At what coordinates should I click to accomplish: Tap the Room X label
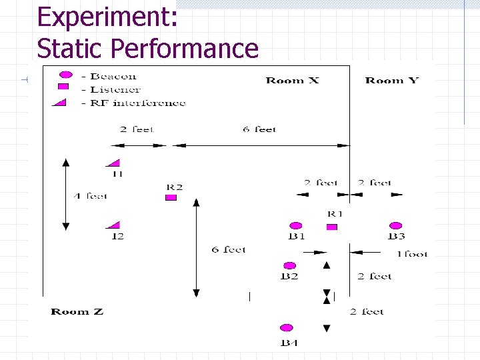click(292, 81)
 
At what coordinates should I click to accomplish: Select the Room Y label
click(392, 81)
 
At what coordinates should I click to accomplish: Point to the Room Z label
click(77, 311)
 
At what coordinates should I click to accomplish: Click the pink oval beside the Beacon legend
click(64, 75)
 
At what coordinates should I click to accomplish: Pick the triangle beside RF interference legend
click(61, 101)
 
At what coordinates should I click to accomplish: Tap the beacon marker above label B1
click(296, 226)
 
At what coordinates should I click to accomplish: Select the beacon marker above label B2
click(289, 266)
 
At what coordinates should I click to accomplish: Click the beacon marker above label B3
click(396, 226)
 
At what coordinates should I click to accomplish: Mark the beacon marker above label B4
click(287, 328)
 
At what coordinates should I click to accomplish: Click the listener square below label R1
click(332, 227)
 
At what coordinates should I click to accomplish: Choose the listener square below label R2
click(171, 197)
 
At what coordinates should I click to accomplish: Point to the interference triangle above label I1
click(114, 163)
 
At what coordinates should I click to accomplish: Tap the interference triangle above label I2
click(114, 225)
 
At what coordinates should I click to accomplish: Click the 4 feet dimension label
click(90, 196)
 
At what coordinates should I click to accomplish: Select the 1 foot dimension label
click(412, 253)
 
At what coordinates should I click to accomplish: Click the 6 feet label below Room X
click(259, 129)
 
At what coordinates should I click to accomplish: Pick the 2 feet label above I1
click(137, 129)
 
